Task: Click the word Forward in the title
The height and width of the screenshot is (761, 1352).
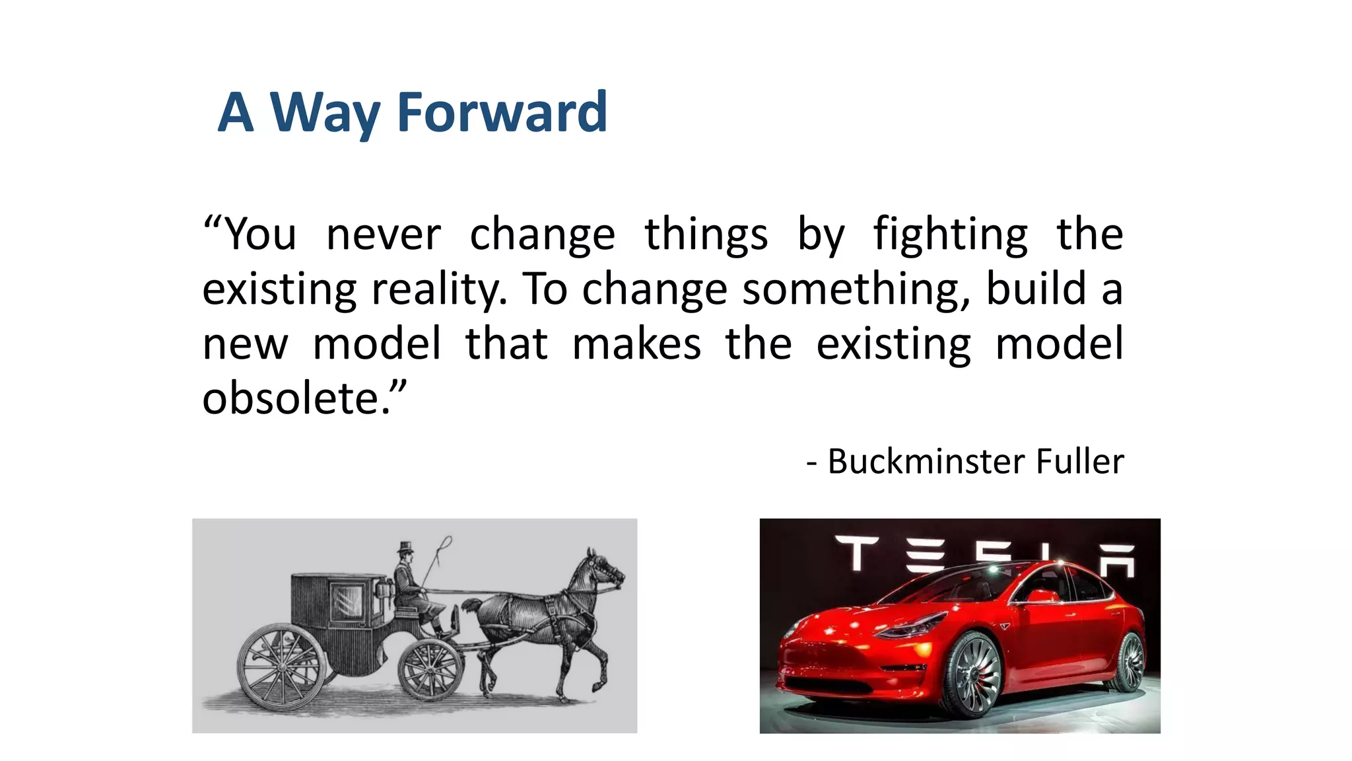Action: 502,112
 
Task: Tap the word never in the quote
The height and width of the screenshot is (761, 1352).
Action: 384,235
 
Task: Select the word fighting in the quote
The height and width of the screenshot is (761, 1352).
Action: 950,235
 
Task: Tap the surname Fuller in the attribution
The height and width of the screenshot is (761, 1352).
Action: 1079,461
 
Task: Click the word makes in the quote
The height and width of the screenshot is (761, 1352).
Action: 636,344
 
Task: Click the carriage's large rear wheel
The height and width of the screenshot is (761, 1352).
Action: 282,667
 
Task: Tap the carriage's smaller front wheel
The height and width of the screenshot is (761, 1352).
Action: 430,668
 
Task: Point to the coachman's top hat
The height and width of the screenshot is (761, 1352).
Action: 405,548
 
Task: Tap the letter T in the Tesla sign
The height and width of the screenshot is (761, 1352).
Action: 856,552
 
